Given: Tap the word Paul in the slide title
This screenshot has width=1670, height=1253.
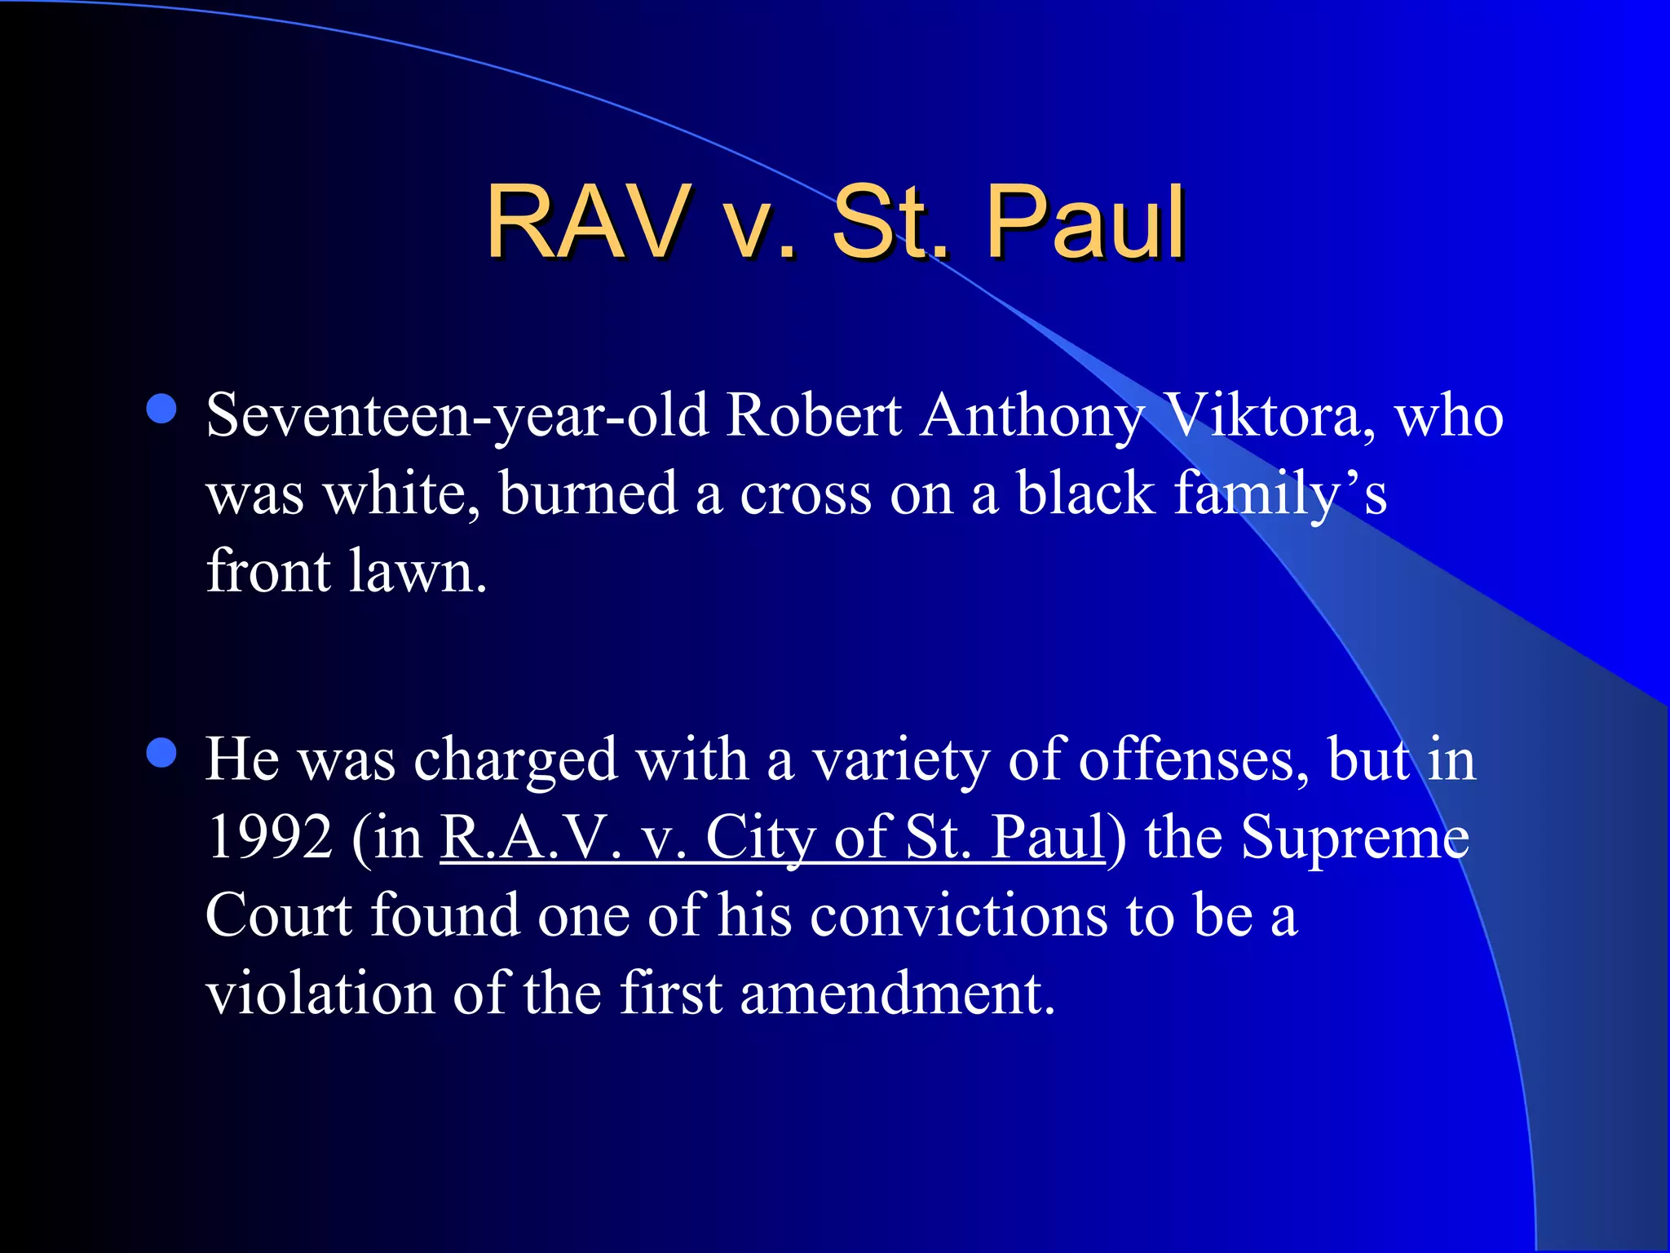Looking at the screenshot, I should coord(1085,222).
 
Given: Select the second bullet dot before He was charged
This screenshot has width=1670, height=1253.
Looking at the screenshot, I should coord(162,753).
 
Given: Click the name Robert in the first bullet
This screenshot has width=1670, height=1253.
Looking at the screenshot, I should coord(814,416).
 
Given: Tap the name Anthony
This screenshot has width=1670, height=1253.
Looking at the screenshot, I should coord(1032,416).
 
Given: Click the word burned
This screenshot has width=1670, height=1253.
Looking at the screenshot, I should coord(588,494).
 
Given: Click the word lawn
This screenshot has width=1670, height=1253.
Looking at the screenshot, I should coord(417,571).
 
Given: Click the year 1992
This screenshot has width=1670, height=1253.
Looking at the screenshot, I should coord(270,838).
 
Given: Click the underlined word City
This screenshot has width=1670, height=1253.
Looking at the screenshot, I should coord(760,838).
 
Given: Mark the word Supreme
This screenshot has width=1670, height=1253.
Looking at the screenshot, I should coord(1355,838).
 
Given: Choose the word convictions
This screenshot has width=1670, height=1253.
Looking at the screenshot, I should coord(959,915).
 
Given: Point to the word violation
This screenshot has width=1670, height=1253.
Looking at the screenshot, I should coord(320,994).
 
